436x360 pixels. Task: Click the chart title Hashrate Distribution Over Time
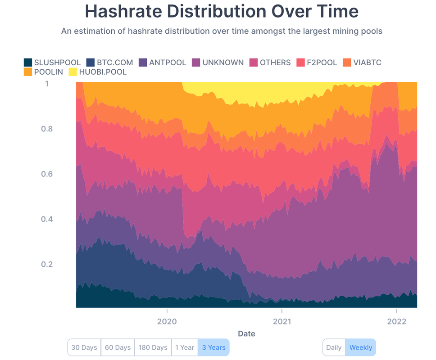click(x=222, y=11)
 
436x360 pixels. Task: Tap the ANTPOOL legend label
click(x=168, y=63)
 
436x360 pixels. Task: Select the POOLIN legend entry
click(x=48, y=72)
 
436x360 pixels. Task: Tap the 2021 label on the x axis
click(x=282, y=321)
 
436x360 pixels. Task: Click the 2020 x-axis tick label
click(x=167, y=321)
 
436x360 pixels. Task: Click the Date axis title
click(x=246, y=333)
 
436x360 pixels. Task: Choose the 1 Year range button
click(x=184, y=347)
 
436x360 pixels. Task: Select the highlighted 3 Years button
click(x=213, y=347)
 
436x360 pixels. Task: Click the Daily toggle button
click(x=334, y=347)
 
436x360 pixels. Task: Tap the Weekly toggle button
click(x=360, y=347)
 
